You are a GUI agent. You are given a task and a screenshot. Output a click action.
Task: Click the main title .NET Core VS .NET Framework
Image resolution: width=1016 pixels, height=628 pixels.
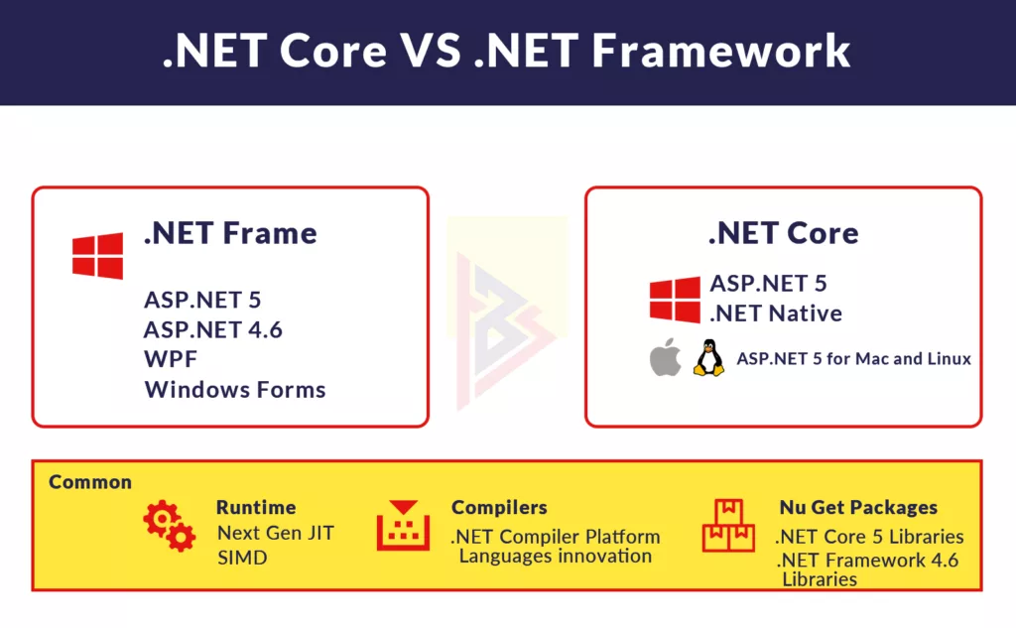[506, 51]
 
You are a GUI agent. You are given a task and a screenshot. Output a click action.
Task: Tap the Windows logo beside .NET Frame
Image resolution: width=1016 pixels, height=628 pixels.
[98, 256]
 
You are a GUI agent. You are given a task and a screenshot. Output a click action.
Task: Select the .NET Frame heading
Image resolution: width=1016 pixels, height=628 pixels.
[230, 233]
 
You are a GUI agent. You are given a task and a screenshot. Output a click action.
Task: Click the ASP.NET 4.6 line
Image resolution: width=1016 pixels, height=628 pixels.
[213, 330]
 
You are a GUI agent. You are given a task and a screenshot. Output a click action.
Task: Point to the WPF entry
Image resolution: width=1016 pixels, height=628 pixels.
[171, 359]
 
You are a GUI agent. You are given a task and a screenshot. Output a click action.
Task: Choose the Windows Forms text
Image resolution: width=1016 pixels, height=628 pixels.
[235, 390]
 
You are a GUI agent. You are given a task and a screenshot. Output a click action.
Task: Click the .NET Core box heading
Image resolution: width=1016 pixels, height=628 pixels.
[784, 233]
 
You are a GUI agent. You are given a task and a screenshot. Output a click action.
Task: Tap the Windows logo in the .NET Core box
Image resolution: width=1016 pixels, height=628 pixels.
[675, 300]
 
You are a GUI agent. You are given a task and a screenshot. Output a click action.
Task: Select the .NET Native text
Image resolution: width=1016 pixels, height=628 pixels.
[776, 314]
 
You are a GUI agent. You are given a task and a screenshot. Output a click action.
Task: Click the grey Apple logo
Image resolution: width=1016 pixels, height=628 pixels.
[665, 357]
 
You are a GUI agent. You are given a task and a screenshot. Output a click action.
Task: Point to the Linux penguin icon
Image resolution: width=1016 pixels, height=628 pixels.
[708, 358]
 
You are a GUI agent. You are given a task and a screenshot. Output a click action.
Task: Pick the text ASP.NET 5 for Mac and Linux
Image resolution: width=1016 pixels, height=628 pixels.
[854, 359]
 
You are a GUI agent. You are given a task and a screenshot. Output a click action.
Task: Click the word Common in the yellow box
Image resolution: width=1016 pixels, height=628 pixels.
[90, 482]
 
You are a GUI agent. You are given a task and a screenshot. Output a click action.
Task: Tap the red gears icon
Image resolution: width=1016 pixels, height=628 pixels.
[169, 526]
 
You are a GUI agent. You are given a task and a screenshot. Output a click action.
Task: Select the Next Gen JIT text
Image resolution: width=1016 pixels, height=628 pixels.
[276, 533]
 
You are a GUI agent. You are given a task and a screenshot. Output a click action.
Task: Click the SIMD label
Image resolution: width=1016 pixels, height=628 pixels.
[242, 558]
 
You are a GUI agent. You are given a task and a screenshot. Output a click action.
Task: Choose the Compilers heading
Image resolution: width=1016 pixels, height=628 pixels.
[499, 507]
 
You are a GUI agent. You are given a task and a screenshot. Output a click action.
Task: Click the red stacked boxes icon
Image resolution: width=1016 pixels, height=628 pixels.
[728, 525]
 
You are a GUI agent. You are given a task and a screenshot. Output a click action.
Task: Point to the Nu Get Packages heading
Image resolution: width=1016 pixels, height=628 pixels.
[858, 507]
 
